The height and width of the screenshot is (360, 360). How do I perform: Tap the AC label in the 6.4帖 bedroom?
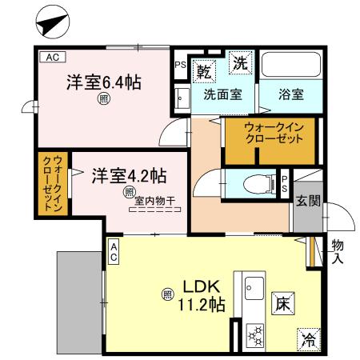click(x=51, y=58)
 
